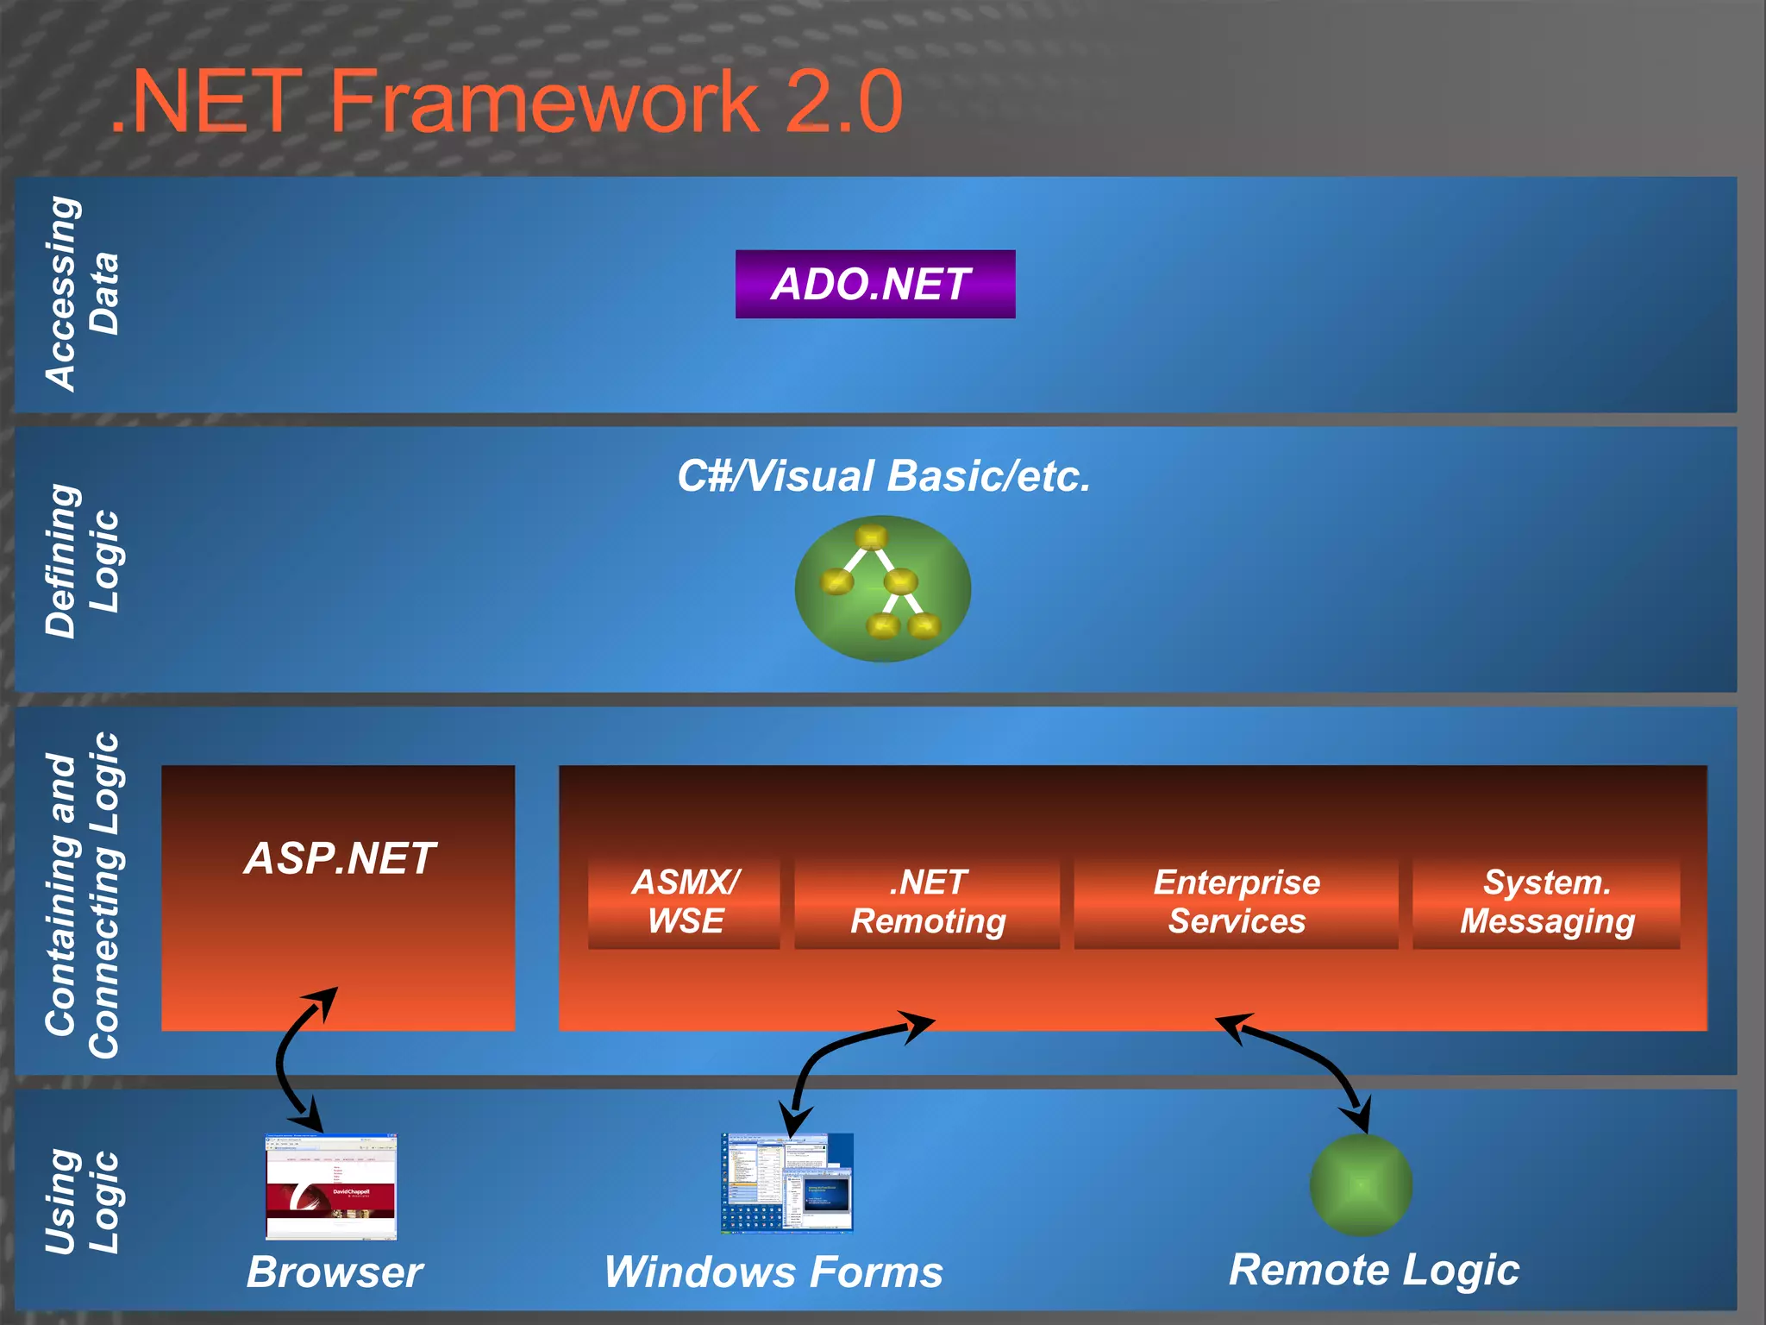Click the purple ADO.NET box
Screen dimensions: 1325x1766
(874, 285)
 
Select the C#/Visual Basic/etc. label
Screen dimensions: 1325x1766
(883, 476)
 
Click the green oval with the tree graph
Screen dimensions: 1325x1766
(883, 590)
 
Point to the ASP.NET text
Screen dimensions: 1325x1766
(340, 859)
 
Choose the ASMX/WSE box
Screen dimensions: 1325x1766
(685, 902)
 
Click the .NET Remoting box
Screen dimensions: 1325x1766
(928, 902)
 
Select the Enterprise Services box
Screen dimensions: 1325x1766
(1236, 902)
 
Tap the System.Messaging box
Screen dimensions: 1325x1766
(1546, 902)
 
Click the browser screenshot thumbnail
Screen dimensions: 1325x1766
(331, 1187)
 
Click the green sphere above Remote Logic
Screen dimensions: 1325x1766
(1361, 1185)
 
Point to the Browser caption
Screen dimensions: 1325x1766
(335, 1272)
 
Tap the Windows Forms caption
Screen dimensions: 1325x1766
(773, 1272)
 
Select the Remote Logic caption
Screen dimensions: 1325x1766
(1374, 1270)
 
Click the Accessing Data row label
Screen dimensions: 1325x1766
(81, 293)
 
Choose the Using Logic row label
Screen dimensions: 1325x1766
(81, 1201)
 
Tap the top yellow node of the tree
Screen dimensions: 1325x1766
(871, 537)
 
